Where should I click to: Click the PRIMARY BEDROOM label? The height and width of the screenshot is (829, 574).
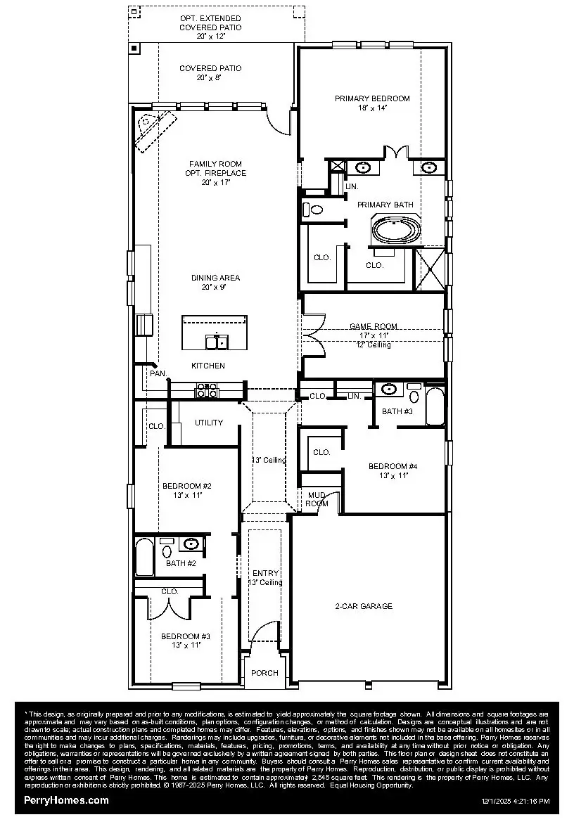[372, 98]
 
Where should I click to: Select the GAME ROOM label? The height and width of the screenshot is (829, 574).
[373, 326]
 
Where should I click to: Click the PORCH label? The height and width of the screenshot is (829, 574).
[265, 673]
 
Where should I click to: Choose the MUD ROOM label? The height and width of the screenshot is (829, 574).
[317, 499]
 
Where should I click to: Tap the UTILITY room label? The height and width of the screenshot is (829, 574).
[209, 423]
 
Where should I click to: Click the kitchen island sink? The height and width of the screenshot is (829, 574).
[216, 342]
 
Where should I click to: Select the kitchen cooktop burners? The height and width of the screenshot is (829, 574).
[206, 390]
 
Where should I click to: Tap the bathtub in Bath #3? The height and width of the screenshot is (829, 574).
[435, 407]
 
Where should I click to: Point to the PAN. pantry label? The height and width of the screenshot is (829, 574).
[158, 374]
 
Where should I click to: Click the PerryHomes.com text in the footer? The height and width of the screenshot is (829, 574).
[66, 800]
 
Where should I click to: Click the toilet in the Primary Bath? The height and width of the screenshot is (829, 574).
[314, 210]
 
